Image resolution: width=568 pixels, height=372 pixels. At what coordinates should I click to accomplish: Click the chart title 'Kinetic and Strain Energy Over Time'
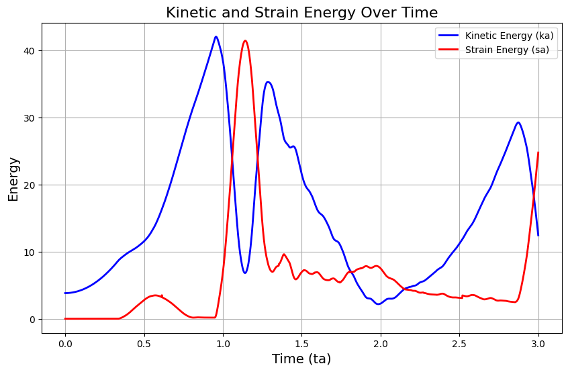[301, 12]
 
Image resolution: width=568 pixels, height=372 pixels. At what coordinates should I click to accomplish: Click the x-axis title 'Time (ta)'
[301, 359]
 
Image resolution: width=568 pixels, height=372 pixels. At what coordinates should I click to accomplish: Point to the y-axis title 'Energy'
[13, 179]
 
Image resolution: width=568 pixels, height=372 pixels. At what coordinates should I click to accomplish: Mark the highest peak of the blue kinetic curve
[216, 37]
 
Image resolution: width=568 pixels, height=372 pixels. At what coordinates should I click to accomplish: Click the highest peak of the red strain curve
[245, 41]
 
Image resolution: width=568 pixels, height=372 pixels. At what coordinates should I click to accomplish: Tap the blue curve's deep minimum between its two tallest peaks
[245, 273]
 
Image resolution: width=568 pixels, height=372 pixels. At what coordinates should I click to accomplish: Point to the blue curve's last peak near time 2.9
[518, 123]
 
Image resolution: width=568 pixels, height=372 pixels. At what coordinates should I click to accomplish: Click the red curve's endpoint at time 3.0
[538, 152]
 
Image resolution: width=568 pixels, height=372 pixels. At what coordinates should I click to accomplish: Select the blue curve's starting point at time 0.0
[65, 293]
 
